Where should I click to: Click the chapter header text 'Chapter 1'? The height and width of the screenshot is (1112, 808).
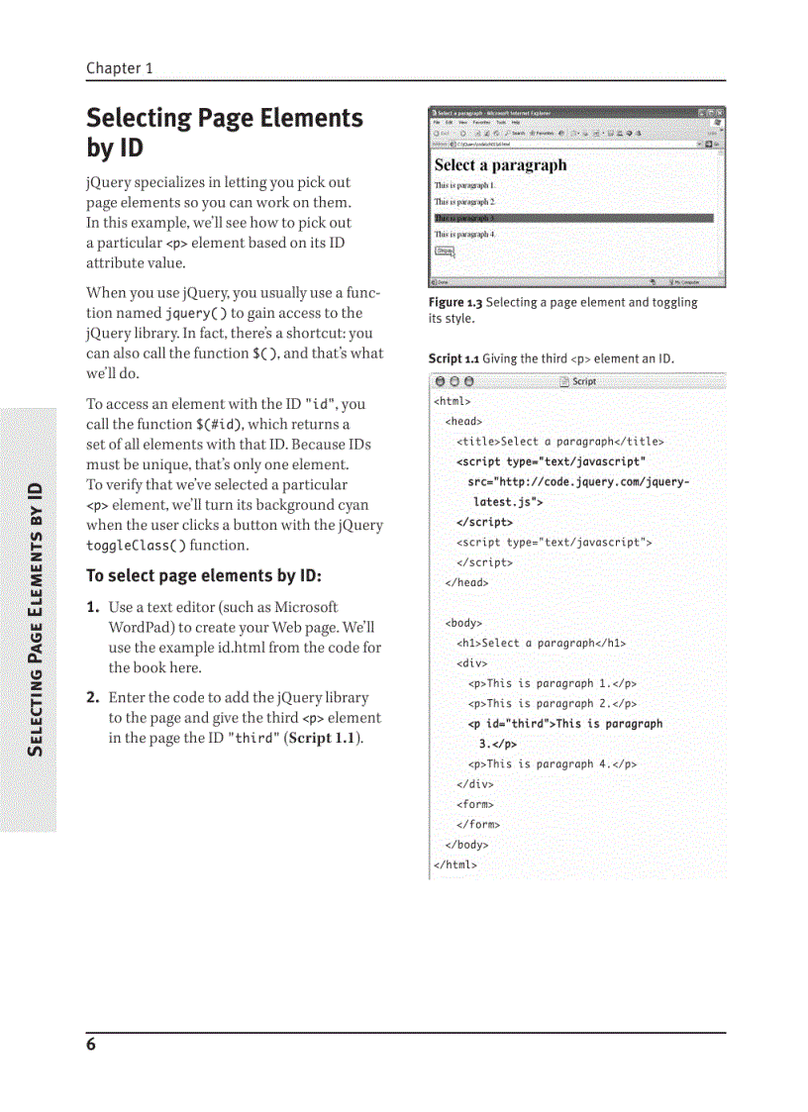click(119, 68)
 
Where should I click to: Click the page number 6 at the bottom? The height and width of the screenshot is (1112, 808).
click(91, 1045)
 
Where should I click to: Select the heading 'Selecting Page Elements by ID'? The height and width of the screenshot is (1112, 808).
click(224, 133)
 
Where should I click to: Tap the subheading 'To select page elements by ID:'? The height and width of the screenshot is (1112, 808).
click(203, 576)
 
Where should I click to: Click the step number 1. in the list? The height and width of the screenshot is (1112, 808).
click(92, 607)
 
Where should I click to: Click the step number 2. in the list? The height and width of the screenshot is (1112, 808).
click(92, 698)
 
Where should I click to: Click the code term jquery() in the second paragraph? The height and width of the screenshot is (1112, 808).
click(195, 314)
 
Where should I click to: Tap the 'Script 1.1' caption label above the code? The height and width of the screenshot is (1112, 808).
click(454, 358)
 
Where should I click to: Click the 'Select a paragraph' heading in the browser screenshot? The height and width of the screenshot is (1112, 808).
click(500, 165)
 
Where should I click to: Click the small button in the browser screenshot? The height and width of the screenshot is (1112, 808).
click(444, 252)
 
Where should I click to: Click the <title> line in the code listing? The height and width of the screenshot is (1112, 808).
click(559, 442)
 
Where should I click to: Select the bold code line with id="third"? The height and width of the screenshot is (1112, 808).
click(564, 724)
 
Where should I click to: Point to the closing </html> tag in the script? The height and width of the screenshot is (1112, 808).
click(454, 864)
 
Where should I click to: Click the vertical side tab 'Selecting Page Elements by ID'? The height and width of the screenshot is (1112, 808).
click(35, 619)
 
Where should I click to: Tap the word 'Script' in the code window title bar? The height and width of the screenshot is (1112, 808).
click(584, 381)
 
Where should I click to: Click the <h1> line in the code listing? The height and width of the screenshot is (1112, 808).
click(541, 644)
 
